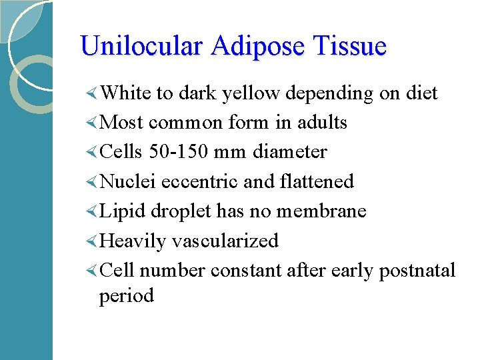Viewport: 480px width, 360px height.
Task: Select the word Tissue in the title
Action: coord(353,46)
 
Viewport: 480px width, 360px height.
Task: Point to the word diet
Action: coord(421,93)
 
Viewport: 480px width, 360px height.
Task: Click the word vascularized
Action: coord(225,241)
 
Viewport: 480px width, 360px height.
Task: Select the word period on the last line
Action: coord(126,296)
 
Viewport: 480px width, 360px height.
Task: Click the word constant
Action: coord(246,270)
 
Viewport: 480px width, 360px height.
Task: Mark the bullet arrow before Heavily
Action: coord(92,241)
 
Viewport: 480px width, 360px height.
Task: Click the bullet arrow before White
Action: coord(92,93)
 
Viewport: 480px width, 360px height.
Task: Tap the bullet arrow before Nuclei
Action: coord(92,181)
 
